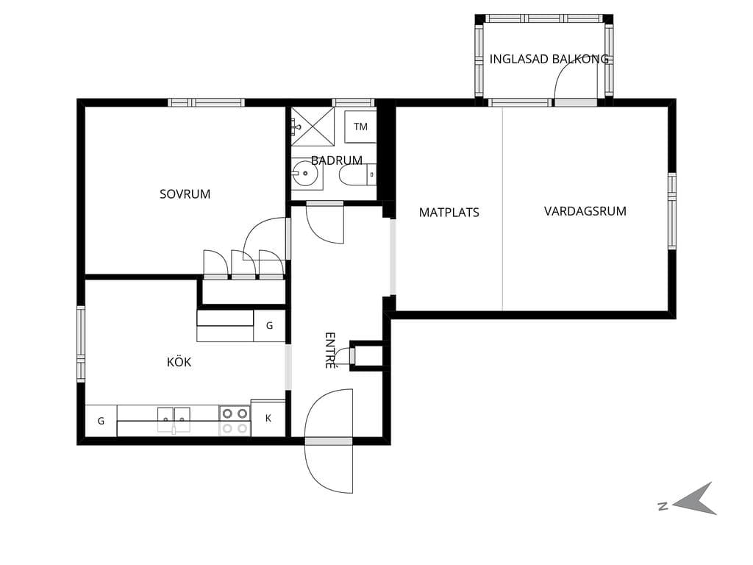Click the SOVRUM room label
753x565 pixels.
185,194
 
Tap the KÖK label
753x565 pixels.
179,361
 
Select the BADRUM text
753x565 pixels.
337,160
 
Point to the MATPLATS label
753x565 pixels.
449,213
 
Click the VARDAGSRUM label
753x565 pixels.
585,211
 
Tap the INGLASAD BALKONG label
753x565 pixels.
549,59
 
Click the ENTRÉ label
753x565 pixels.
330,350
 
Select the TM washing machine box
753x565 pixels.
360,127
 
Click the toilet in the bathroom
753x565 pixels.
357,175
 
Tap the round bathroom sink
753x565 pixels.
305,173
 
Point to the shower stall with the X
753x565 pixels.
313,127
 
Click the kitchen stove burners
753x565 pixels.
235,421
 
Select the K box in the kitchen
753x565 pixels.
268,418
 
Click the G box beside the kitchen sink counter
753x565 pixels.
101,421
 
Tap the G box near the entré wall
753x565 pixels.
269,326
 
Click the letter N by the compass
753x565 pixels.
663,506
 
